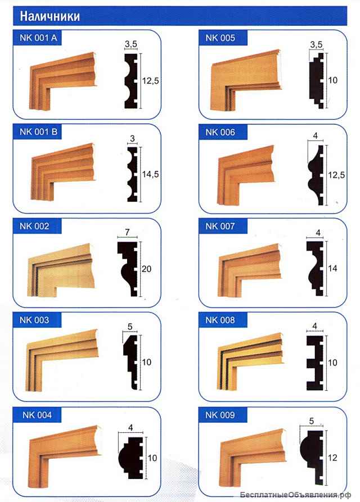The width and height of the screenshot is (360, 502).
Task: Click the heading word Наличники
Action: pyautogui.click(x=49, y=16)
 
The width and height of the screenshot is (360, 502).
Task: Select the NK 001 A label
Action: pyautogui.click(x=38, y=38)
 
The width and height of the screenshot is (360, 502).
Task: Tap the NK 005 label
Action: pyautogui.click(x=220, y=38)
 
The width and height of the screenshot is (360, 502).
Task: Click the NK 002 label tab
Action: pyautogui.click(x=37, y=226)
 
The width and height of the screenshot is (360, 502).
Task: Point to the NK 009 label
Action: pyautogui.click(x=220, y=415)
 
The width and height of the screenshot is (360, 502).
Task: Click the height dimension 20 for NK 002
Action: pyautogui.click(x=146, y=269)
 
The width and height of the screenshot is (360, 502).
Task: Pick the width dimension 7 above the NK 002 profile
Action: pyautogui.click(x=128, y=232)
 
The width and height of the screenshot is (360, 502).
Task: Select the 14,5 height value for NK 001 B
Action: pyautogui.click(x=151, y=174)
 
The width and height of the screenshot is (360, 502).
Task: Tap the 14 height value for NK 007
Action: pyautogui.click(x=332, y=268)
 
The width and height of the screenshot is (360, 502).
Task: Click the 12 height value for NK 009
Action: pyautogui.click(x=332, y=458)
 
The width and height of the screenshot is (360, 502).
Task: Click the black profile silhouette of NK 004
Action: pyautogui.click(x=130, y=458)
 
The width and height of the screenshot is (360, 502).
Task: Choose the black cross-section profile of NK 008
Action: pyautogui.click(x=315, y=363)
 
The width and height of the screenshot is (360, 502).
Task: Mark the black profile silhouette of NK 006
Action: pyautogui.click(x=317, y=175)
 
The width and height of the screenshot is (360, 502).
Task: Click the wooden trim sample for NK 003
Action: pyautogui.click(x=61, y=360)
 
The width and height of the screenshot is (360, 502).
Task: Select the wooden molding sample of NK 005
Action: pyautogui.click(x=246, y=80)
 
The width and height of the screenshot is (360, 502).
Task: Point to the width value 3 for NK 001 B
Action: pyautogui.click(x=133, y=139)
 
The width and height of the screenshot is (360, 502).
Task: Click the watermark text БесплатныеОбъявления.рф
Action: pyautogui.click(x=295, y=495)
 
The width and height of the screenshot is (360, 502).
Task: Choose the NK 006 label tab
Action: pyautogui.click(x=223, y=132)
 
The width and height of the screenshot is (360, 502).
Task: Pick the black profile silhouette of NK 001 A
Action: pyautogui.click(x=130, y=81)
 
